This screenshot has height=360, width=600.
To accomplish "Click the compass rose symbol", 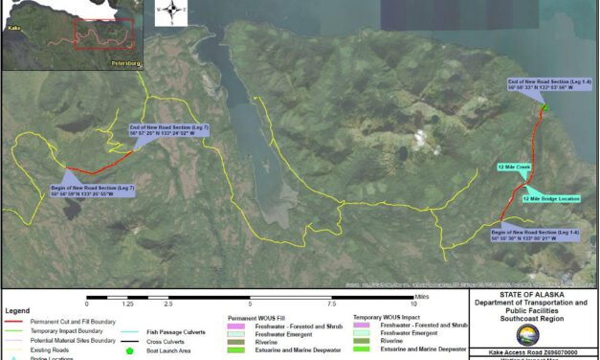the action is (x=170, y=11).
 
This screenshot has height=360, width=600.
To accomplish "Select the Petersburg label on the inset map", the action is (x=125, y=64).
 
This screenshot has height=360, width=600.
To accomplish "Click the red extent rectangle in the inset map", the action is (x=100, y=34).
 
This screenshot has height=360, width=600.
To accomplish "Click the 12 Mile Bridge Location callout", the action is (x=550, y=198).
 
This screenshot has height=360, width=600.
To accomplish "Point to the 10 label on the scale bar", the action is (x=412, y=304).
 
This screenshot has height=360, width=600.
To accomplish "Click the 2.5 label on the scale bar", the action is (x=168, y=304).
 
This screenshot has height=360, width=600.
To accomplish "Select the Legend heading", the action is (x=17, y=311).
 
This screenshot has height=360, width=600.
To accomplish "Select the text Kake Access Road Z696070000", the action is (x=534, y=353).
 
